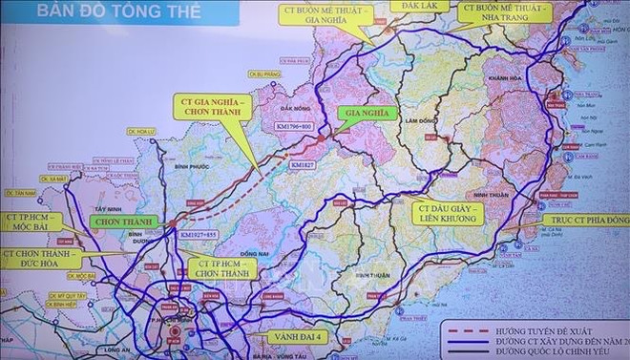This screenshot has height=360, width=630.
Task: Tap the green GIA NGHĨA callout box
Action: click(x=364, y=112)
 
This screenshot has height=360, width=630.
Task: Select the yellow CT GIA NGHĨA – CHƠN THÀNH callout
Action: click(x=211, y=107)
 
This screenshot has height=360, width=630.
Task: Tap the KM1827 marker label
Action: click(x=303, y=164)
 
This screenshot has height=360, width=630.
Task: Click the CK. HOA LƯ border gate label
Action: click(x=140, y=132)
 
